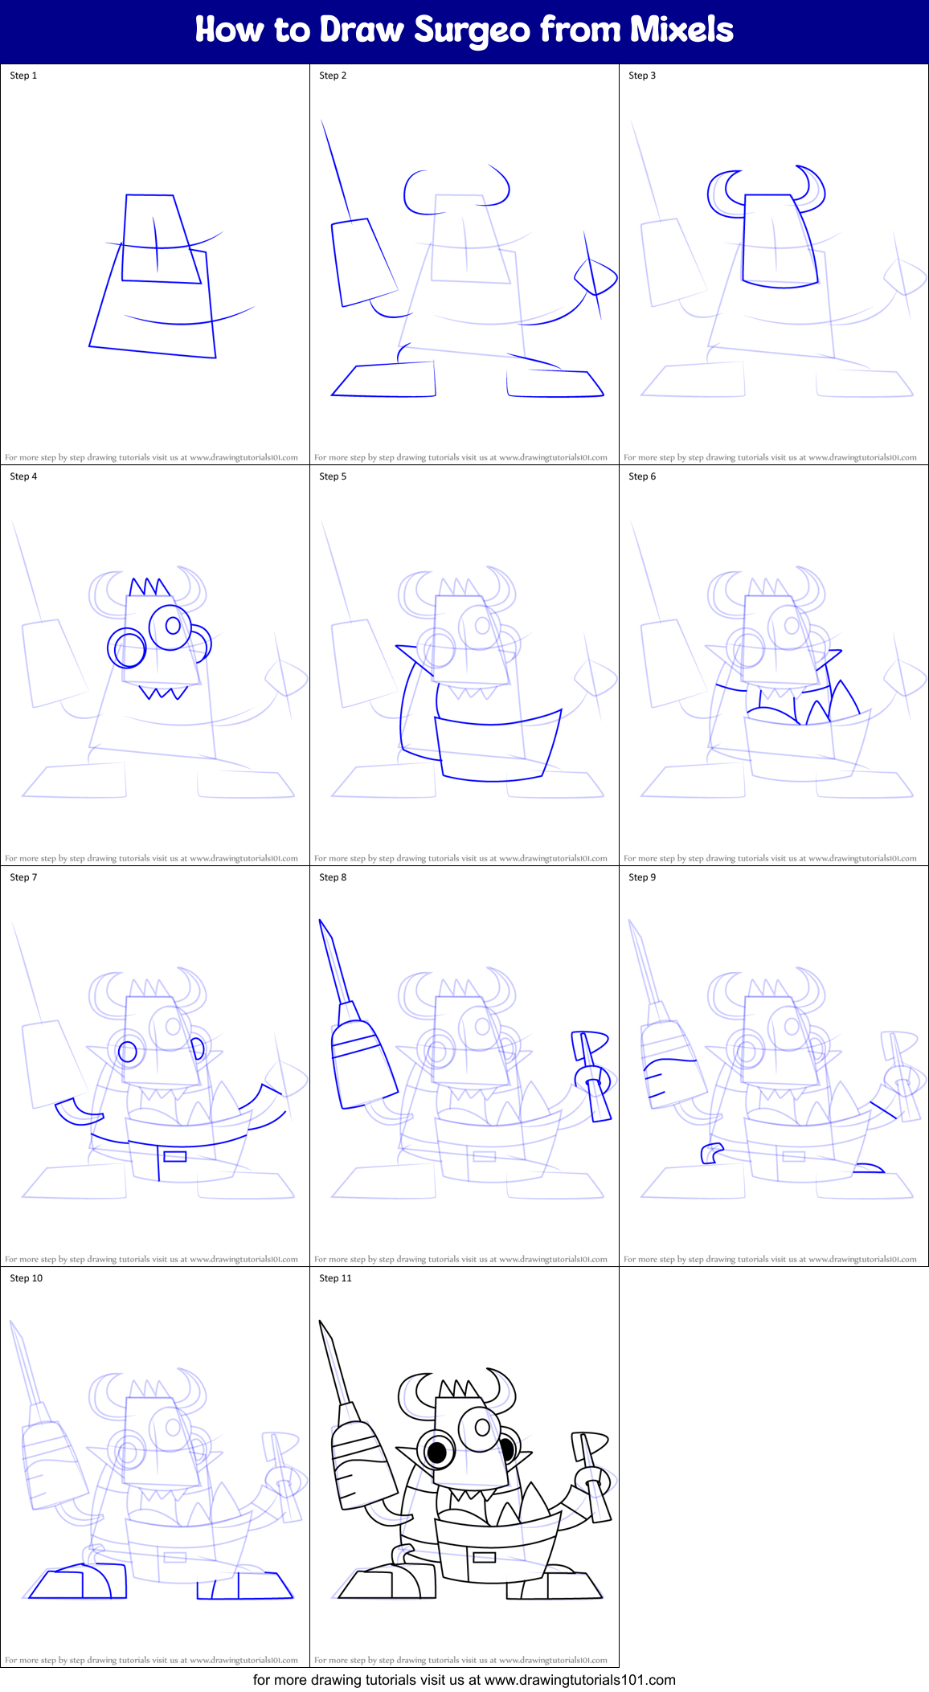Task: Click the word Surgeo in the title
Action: tap(472, 31)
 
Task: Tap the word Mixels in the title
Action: tap(681, 30)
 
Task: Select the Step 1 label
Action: tap(23, 76)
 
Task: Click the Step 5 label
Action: tap(333, 476)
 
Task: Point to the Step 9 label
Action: tap(642, 877)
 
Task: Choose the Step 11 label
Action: tap(335, 1278)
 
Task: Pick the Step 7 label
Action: tap(23, 877)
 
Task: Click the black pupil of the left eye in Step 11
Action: tap(436, 1452)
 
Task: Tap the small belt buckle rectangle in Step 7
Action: tap(174, 1157)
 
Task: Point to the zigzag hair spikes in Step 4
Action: tap(149, 586)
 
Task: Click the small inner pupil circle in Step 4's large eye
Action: tap(173, 625)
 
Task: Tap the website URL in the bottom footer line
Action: tap(579, 1680)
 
